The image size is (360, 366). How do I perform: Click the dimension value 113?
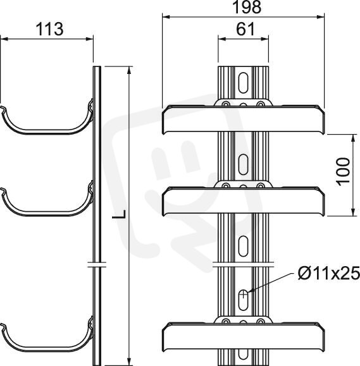[49, 29]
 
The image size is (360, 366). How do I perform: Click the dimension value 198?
[247, 7]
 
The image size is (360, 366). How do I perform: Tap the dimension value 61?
[245, 30]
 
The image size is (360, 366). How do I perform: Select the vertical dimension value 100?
[343, 171]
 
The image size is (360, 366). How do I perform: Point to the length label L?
[119, 214]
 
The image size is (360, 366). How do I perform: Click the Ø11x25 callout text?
[329, 273]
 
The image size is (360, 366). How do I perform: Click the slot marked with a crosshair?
[243, 300]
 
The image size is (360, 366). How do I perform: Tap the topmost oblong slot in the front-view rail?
[243, 83]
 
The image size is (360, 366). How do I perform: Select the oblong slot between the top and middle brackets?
[243, 164]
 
